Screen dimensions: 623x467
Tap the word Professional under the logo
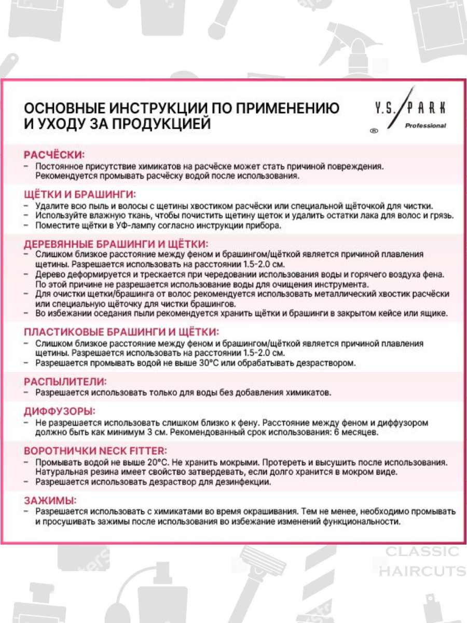[x=425, y=126]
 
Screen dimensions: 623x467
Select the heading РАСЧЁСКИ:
[x=54, y=155]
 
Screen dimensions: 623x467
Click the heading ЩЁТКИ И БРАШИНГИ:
[x=80, y=194]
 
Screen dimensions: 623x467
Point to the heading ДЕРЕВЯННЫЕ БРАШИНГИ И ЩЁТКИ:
[x=116, y=243]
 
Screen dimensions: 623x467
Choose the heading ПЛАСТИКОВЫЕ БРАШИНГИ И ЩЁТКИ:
[x=121, y=332]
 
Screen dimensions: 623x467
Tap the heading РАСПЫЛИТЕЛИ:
[x=65, y=381]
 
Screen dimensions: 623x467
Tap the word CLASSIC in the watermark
[x=422, y=551]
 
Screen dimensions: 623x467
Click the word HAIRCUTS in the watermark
[x=422, y=571]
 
